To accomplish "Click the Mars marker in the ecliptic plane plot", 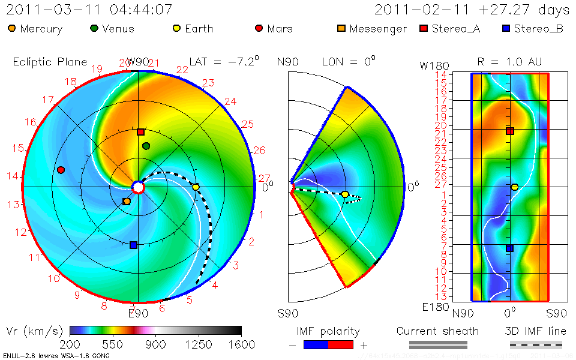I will point(61,170).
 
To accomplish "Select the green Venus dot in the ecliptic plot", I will point(146,146).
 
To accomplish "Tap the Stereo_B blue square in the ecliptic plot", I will point(134,245).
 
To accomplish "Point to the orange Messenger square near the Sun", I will point(127,202).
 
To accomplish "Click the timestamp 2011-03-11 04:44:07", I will point(89,10).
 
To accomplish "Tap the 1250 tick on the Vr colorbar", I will point(199,344).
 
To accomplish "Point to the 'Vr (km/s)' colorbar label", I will point(33,331).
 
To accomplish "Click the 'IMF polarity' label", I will point(328,331).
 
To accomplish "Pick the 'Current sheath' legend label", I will point(437,331).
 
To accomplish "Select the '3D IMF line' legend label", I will point(536,331).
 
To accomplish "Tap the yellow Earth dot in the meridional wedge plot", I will point(345,194).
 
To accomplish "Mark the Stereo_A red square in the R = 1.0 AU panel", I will point(509,131).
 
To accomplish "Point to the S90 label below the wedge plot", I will point(287,313).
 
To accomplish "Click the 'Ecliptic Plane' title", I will point(50,62).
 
